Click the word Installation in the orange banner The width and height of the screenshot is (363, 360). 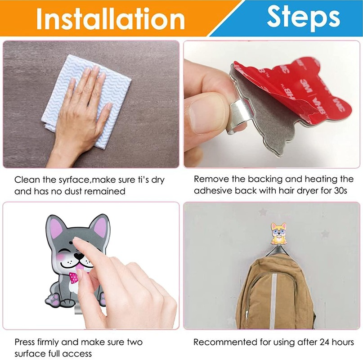tap(110, 19)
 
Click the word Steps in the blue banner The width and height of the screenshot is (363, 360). tap(303, 17)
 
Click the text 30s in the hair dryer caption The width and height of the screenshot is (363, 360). tap(341, 190)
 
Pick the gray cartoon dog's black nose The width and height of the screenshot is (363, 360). tap(79, 256)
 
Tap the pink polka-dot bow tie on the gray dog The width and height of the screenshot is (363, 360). tap(74, 278)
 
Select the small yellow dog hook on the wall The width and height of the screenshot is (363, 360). tap(279, 234)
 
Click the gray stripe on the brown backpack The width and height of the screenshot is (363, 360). tap(273, 301)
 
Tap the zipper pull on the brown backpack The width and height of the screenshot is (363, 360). tap(247, 315)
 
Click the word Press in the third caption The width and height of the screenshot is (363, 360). tap(25, 342)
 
